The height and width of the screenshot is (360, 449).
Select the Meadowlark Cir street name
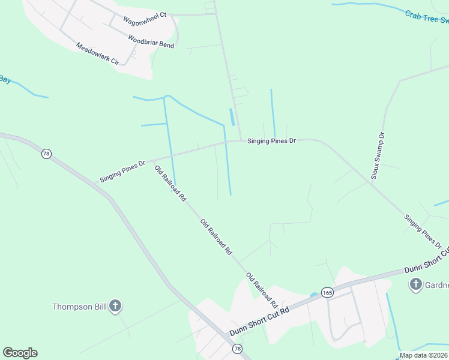coord(98,54)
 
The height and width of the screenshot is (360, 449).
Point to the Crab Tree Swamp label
coord(427,17)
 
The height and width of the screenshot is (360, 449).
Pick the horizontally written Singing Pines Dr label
coord(272,140)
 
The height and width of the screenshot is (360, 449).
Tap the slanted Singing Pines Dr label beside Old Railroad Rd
coord(123,171)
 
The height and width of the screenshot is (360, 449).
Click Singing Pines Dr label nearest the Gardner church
coord(423,232)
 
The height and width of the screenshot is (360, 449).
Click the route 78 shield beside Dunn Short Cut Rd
coord(238,349)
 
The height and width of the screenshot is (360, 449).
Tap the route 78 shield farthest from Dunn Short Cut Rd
coord(46,154)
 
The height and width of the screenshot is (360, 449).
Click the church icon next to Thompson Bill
coord(115,307)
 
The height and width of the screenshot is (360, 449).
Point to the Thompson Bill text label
coord(79,307)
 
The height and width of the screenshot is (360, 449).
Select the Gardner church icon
coord(415,284)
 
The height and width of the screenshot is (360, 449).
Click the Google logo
coord(20,353)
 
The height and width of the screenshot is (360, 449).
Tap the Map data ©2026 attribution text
coord(424,355)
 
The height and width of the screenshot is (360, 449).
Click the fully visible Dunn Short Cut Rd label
coord(259,322)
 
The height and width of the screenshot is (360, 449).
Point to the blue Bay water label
coord(5,79)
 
